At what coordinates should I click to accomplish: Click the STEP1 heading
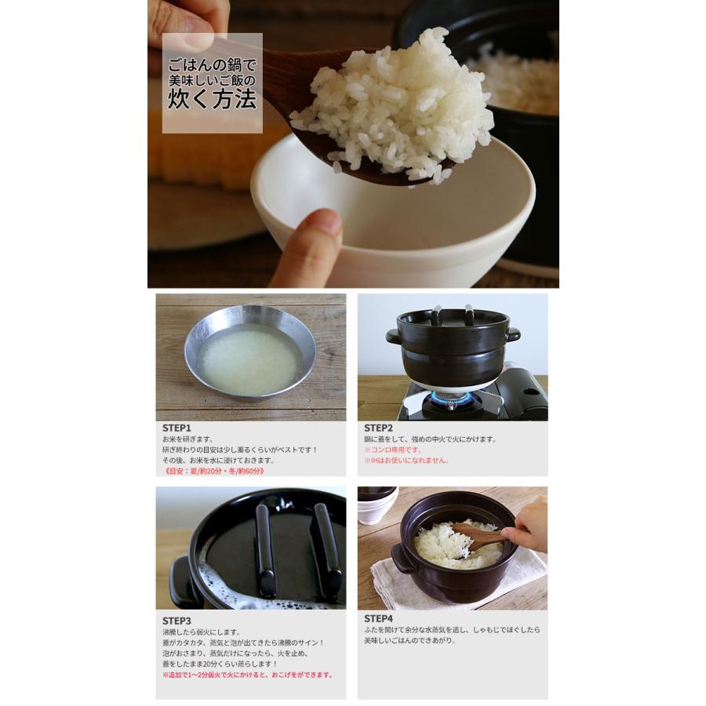(x=176, y=428)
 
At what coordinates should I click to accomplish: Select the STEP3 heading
(x=176, y=620)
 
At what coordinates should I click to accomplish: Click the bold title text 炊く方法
(x=212, y=100)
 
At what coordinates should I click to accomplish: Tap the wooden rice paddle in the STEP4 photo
(x=479, y=537)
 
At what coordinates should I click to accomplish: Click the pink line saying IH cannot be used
(x=406, y=460)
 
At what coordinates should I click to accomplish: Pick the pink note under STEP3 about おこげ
(x=248, y=675)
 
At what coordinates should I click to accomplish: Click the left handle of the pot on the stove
(x=392, y=337)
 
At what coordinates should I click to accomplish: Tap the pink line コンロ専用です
(x=393, y=450)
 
